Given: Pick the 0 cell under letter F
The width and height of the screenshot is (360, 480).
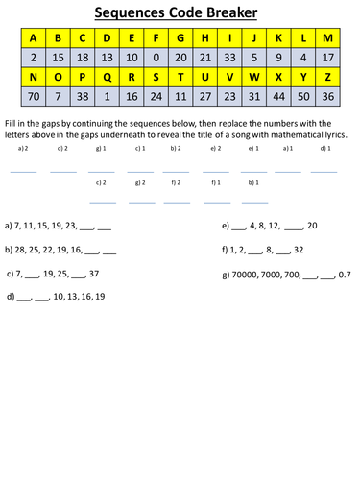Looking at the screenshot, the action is pos(155,58).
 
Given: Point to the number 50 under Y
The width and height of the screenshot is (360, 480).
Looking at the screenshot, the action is pos(303,97).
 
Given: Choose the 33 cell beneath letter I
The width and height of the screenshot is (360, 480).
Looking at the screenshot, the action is pos(228,58).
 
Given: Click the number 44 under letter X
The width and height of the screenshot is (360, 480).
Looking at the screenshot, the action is pos(278,97).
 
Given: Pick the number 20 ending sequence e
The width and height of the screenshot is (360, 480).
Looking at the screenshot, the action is pos(312,226).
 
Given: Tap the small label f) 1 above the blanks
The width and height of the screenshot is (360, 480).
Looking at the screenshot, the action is pos(215,181).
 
